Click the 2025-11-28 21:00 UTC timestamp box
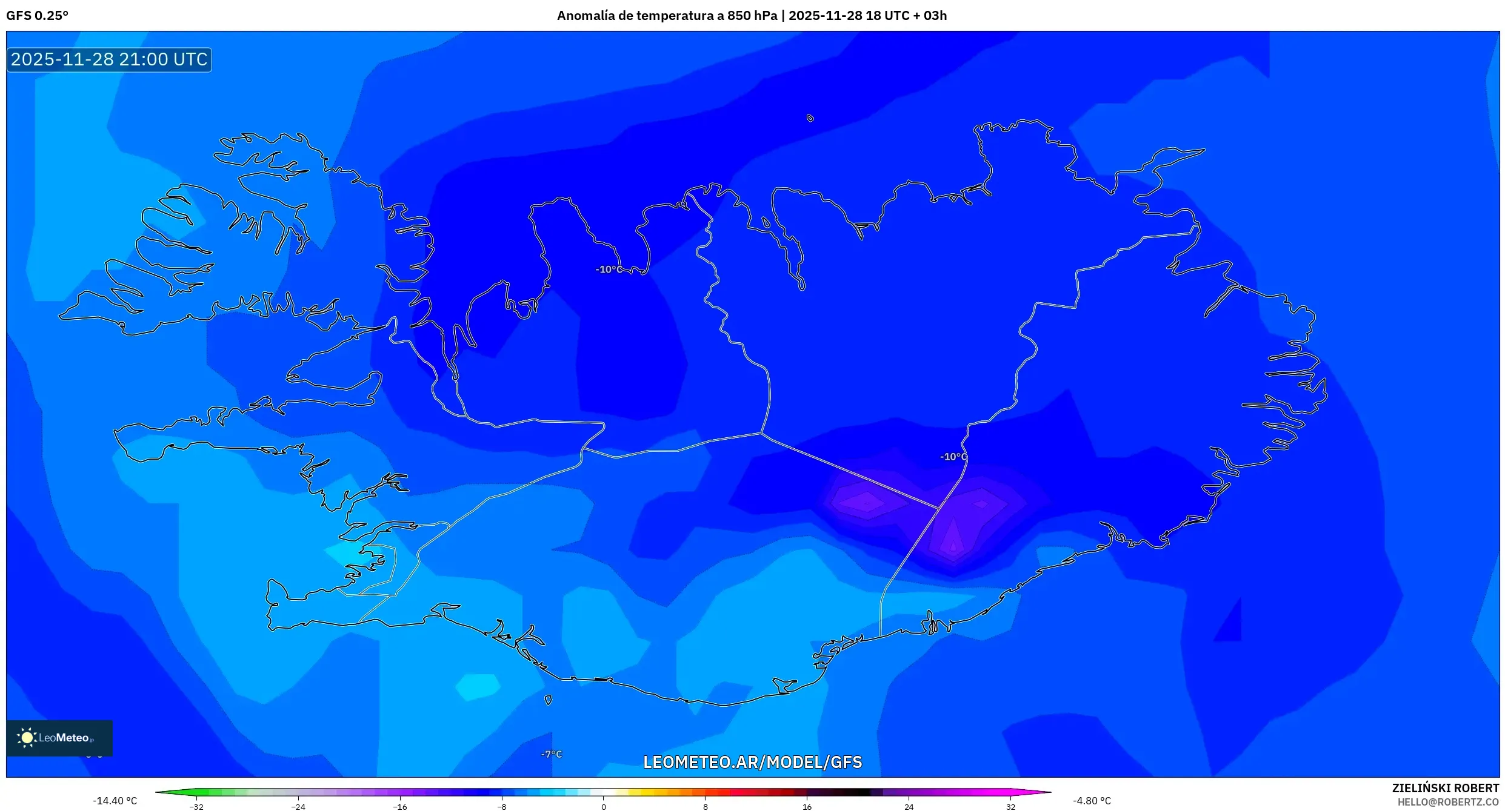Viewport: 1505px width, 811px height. click(109, 59)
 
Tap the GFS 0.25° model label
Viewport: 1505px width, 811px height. click(37, 16)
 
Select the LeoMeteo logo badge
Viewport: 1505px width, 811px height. click(59, 738)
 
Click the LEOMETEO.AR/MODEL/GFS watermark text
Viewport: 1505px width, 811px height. click(752, 762)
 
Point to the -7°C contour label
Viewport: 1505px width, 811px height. click(552, 754)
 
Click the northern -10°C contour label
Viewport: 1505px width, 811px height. click(609, 270)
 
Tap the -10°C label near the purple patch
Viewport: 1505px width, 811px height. click(953, 457)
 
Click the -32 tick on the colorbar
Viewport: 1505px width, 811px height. click(196, 807)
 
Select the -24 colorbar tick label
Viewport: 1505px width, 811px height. click(298, 807)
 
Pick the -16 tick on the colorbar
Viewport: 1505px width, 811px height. click(400, 807)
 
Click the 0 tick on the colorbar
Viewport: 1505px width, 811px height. click(604, 807)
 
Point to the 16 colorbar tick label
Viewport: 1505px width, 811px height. click(807, 807)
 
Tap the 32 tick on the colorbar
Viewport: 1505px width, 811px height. click(1010, 807)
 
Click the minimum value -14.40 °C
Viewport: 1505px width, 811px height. click(115, 801)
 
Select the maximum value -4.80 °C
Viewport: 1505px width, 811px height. click(1092, 801)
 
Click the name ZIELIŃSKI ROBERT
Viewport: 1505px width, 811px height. click(1445, 788)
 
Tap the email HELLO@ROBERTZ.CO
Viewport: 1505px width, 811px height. click(1448, 802)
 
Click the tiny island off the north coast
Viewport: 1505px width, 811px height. click(810, 118)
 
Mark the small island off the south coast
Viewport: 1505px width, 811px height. click(549, 700)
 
